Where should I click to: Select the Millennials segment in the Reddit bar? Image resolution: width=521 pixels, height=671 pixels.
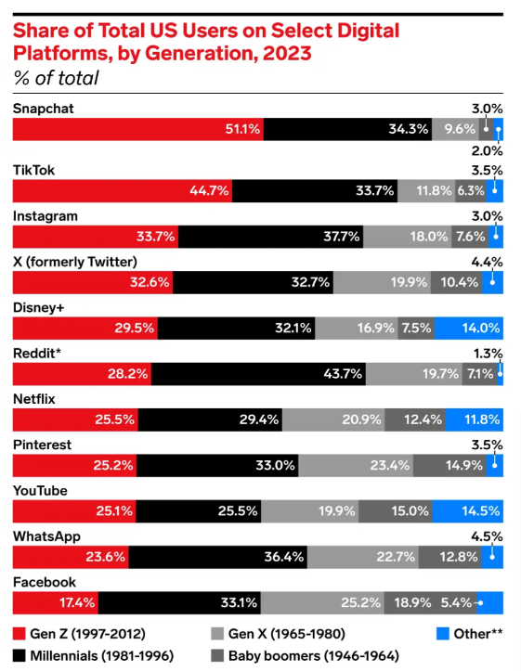[258, 374]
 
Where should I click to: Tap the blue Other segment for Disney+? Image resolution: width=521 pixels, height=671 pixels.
[469, 328]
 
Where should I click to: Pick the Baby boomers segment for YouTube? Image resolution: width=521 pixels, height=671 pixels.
[396, 510]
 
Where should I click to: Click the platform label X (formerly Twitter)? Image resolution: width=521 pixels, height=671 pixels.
[74, 261]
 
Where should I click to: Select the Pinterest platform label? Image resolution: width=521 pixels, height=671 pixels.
[43, 445]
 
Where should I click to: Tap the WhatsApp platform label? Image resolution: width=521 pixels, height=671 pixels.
[46, 536]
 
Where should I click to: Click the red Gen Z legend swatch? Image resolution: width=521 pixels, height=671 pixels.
[20, 634]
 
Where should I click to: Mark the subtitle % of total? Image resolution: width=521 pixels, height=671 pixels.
[56, 78]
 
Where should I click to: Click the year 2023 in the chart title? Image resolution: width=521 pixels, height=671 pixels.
[284, 53]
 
